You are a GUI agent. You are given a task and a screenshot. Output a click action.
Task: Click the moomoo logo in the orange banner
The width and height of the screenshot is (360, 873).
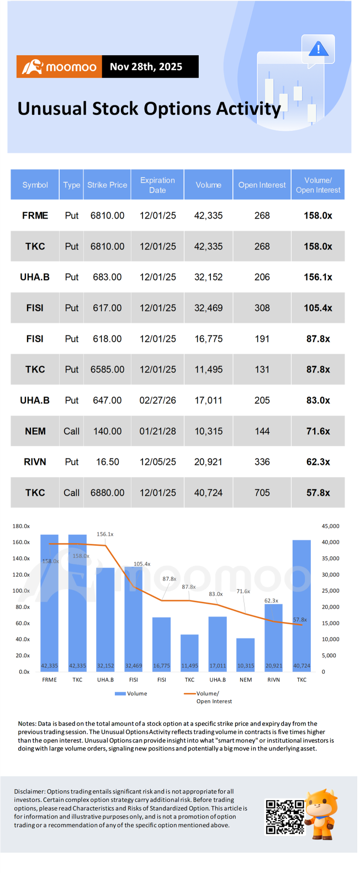59,67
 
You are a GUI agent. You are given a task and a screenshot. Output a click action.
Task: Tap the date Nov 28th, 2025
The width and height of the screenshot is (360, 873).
146,67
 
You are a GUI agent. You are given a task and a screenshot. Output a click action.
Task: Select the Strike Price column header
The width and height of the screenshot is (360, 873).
107,185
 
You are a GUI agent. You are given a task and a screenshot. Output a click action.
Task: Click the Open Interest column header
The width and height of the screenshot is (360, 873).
262,185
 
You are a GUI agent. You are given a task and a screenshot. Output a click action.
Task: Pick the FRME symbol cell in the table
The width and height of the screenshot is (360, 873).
35,216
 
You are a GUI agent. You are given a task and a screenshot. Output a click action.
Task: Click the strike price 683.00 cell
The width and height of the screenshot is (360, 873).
107,277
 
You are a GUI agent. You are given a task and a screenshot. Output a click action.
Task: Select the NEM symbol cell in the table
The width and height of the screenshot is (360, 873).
35,431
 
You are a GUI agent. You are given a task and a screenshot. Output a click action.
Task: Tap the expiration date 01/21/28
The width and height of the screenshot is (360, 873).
157,431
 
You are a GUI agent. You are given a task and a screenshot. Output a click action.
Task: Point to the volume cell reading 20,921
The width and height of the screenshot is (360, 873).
208,462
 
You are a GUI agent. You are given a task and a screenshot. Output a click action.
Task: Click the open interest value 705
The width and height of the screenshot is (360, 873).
262,493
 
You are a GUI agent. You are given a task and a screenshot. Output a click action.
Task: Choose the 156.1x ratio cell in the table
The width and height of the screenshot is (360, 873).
318,277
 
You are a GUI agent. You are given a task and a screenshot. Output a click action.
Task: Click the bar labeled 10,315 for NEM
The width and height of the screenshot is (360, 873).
246,654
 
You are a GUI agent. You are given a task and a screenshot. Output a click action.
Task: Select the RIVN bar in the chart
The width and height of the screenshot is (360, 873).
274,638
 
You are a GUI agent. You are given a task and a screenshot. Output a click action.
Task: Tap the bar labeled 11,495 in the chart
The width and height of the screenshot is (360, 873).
189,653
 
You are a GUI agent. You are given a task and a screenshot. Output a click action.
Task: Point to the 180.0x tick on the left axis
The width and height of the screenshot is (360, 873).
21,526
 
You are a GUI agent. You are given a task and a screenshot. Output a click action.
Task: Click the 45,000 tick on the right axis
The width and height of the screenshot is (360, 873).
330,526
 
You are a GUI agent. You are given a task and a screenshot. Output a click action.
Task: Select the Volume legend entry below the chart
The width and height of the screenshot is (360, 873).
131,694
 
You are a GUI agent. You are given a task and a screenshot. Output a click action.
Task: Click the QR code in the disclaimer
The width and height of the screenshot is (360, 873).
285,817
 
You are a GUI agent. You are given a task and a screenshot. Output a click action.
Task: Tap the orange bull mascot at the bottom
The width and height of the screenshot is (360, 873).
322,814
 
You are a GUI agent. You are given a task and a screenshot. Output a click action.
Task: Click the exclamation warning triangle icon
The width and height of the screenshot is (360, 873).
318,49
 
